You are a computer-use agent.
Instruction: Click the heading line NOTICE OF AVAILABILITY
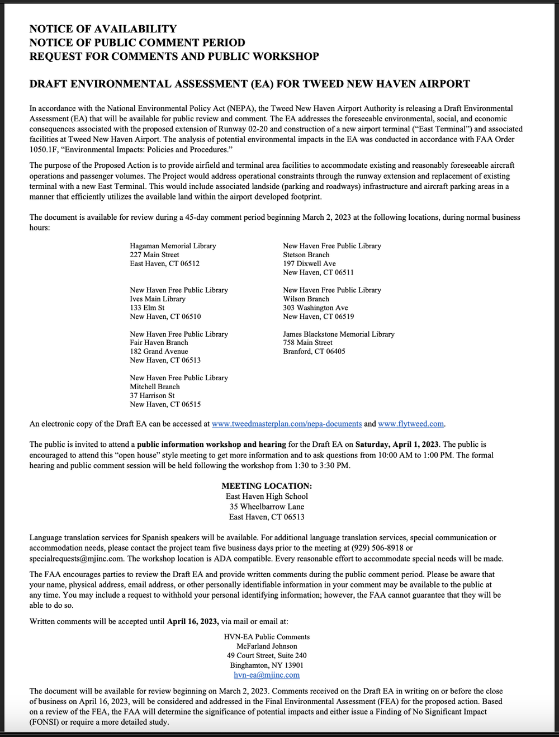point(103,29)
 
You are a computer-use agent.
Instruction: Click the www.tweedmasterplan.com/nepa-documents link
point(286,424)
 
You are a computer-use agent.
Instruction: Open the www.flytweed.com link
point(410,424)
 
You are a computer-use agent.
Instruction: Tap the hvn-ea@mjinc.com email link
point(267,675)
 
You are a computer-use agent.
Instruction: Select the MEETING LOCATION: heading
point(267,486)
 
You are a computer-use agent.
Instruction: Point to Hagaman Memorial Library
point(173,246)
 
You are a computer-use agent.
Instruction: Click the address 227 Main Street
point(154,255)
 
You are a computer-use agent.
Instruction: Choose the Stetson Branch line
point(306,255)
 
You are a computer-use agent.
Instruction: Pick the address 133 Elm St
point(147,308)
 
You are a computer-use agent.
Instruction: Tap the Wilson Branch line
point(306,299)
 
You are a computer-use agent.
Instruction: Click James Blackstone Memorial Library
point(338,334)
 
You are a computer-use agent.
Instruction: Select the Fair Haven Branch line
point(159,343)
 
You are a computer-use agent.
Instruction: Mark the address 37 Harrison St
point(152,395)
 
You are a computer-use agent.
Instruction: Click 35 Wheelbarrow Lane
point(267,507)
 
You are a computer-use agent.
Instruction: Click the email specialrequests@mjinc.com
point(77,559)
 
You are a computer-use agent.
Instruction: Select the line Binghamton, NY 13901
point(267,665)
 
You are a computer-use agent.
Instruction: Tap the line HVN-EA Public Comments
point(267,637)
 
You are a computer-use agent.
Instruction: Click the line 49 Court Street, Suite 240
point(267,655)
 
